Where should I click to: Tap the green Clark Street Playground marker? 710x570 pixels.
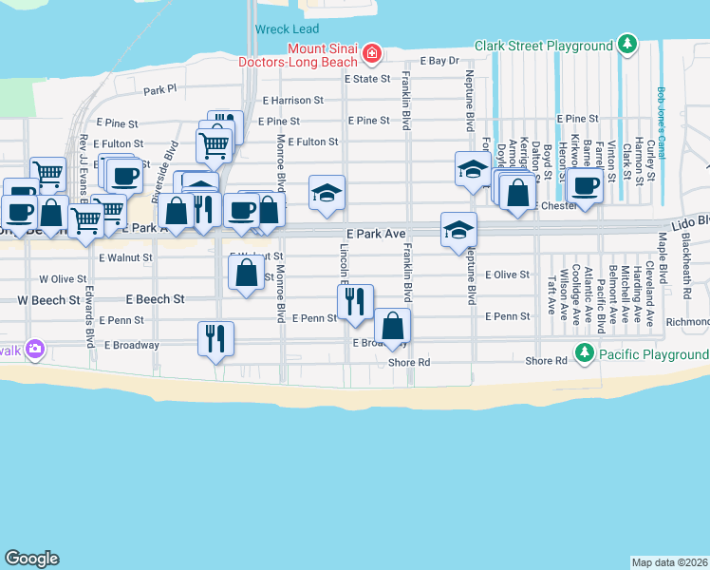click(x=626, y=45)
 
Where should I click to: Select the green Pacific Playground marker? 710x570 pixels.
click(x=586, y=354)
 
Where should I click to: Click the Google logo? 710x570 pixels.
click(x=31, y=559)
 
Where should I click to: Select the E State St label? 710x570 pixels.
click(x=366, y=79)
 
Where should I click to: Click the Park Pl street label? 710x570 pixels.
click(x=159, y=90)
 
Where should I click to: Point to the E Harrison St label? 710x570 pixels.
click(x=293, y=100)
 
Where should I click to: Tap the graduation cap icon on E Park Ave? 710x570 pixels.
click(x=458, y=230)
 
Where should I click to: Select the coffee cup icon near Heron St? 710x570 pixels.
click(x=586, y=185)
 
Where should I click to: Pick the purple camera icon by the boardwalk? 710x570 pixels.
click(x=36, y=349)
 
